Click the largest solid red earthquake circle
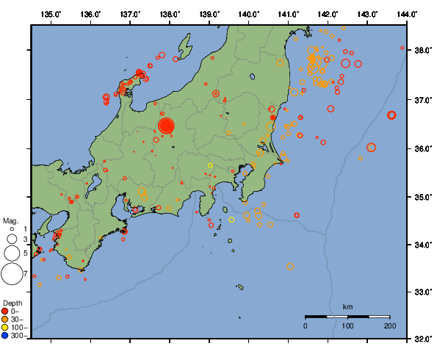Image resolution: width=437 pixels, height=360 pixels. click(x=166, y=126)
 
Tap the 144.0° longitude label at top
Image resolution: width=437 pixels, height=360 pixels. click(x=408, y=14)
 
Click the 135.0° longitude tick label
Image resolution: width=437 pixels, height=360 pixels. click(x=51, y=14)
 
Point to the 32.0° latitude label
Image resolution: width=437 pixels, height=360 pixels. click(x=422, y=339)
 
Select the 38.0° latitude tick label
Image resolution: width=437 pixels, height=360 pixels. click(x=422, y=51)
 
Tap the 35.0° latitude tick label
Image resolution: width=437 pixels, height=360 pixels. click(x=422, y=197)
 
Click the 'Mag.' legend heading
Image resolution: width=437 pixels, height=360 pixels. click(x=10, y=220)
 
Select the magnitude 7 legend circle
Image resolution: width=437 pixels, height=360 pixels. click(x=11, y=274)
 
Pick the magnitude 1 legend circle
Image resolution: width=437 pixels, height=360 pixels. click(x=12, y=229)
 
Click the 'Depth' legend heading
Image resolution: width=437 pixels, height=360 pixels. click(x=12, y=303)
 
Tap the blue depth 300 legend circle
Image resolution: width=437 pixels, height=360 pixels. click(x=5, y=336)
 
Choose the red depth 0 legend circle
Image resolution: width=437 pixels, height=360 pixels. click(x=5, y=312)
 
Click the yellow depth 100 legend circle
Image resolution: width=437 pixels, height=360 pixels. click(x=5, y=328)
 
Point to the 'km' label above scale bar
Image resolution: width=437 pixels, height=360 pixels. click(x=347, y=306)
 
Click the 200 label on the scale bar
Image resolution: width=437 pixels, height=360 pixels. click(x=389, y=325)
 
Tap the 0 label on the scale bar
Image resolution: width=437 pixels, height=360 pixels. click(x=306, y=325)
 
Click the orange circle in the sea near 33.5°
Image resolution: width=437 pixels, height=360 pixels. click(x=290, y=267)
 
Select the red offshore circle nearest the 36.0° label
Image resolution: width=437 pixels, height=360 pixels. click(x=371, y=148)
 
